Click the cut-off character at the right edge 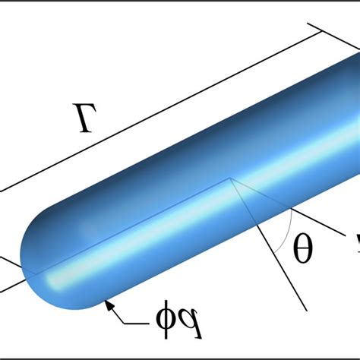tap(354, 245)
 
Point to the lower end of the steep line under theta tap(305, 308)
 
